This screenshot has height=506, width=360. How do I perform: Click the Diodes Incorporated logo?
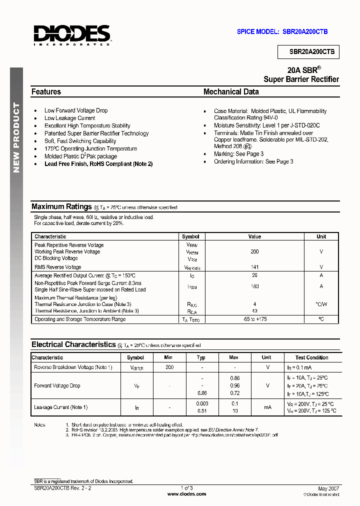point(71,35)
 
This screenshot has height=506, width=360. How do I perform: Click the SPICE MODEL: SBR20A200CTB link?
point(282,31)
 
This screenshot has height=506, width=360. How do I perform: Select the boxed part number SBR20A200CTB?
point(308,51)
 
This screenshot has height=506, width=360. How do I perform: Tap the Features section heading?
point(46,92)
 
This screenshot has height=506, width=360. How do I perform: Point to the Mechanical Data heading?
point(231,92)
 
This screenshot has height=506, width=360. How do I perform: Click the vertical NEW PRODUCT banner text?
point(16,137)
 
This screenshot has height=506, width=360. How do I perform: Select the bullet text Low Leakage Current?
point(69,118)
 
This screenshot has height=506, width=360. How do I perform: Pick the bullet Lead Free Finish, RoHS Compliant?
point(98,164)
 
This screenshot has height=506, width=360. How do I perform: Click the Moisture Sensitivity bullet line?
point(266,125)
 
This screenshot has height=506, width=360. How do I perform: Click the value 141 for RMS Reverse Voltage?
point(254,267)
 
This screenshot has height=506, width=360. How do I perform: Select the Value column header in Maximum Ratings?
point(254,236)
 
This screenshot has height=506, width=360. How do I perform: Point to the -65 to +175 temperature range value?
point(254,319)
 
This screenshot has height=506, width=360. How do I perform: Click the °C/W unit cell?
point(321,304)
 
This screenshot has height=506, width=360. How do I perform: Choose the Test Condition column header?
point(311,357)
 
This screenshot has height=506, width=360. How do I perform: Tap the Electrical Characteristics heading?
point(73,344)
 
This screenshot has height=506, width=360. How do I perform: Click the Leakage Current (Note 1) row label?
point(60,407)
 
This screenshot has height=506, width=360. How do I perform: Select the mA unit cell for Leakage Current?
point(267,407)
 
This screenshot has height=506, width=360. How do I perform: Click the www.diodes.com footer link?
point(186,494)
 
